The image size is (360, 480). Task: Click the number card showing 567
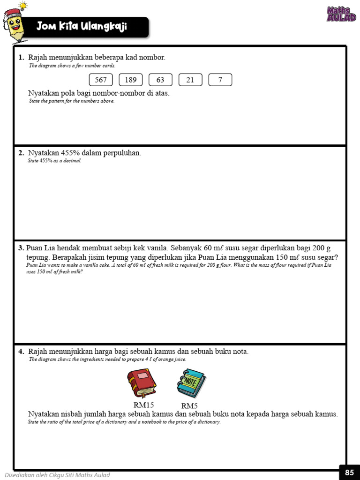tap(101, 80)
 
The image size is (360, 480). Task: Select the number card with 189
tap(130, 80)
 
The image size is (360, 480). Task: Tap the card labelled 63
tap(160, 80)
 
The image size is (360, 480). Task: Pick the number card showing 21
tap(190, 80)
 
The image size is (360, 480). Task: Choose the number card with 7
tap(220, 80)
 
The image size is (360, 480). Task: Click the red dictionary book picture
tap(142, 383)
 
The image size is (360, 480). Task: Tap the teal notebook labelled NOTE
tap(191, 383)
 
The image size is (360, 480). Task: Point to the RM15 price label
tap(144, 405)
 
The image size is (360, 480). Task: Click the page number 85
tap(349, 472)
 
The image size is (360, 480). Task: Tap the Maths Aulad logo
tap(341, 14)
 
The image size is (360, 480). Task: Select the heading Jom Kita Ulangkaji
tap(82, 27)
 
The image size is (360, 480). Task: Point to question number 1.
tap(21, 58)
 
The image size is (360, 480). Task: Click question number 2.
tap(21, 153)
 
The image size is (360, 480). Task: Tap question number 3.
tap(21, 248)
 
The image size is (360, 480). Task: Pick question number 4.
tap(21, 352)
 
